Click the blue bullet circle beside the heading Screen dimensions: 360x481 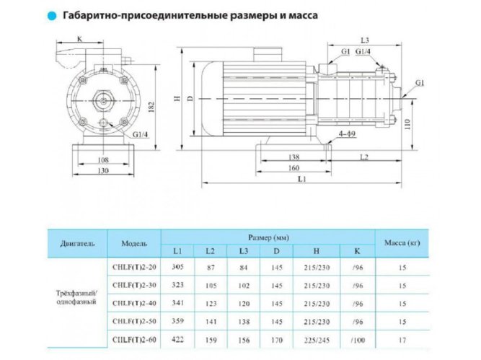(51, 14)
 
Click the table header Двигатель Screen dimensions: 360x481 (77, 243)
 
